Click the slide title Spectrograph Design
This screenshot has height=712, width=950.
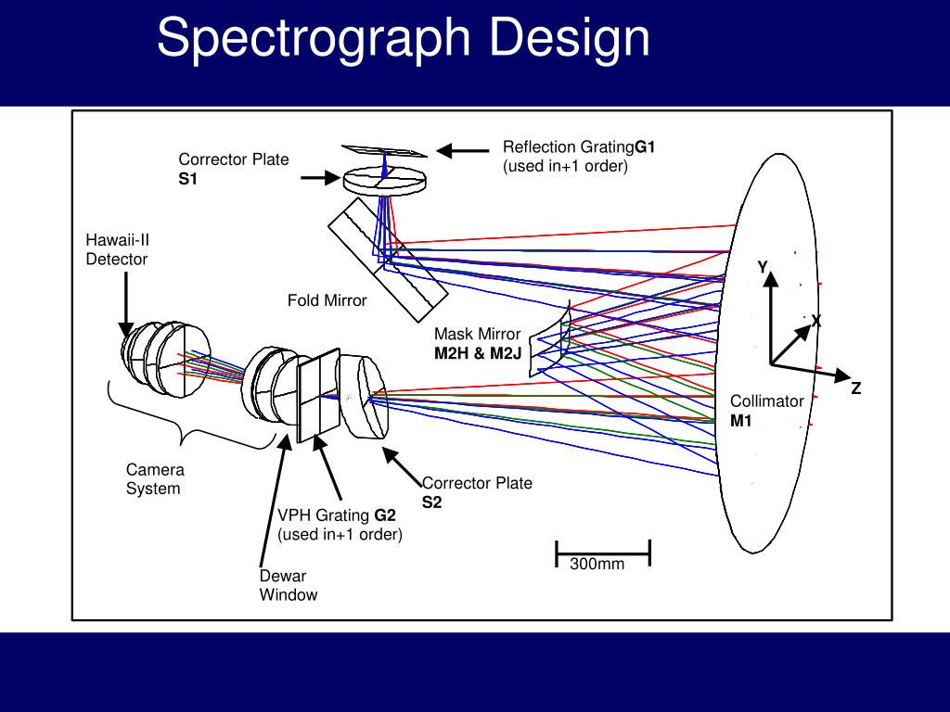[403, 39]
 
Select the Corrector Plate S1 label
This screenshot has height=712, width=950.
[233, 169]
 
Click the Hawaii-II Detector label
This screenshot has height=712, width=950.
[117, 250]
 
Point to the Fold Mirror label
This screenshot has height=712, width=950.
[327, 300]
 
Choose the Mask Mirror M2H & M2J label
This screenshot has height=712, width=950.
[477, 343]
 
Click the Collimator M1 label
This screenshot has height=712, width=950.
[765, 411]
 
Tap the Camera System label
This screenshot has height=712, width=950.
[154, 479]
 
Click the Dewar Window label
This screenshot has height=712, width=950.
[288, 585]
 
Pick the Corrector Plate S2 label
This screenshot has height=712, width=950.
[477, 492]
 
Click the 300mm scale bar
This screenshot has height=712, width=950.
[602, 553]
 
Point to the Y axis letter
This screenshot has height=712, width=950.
[763, 267]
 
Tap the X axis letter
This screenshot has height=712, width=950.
[816, 321]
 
